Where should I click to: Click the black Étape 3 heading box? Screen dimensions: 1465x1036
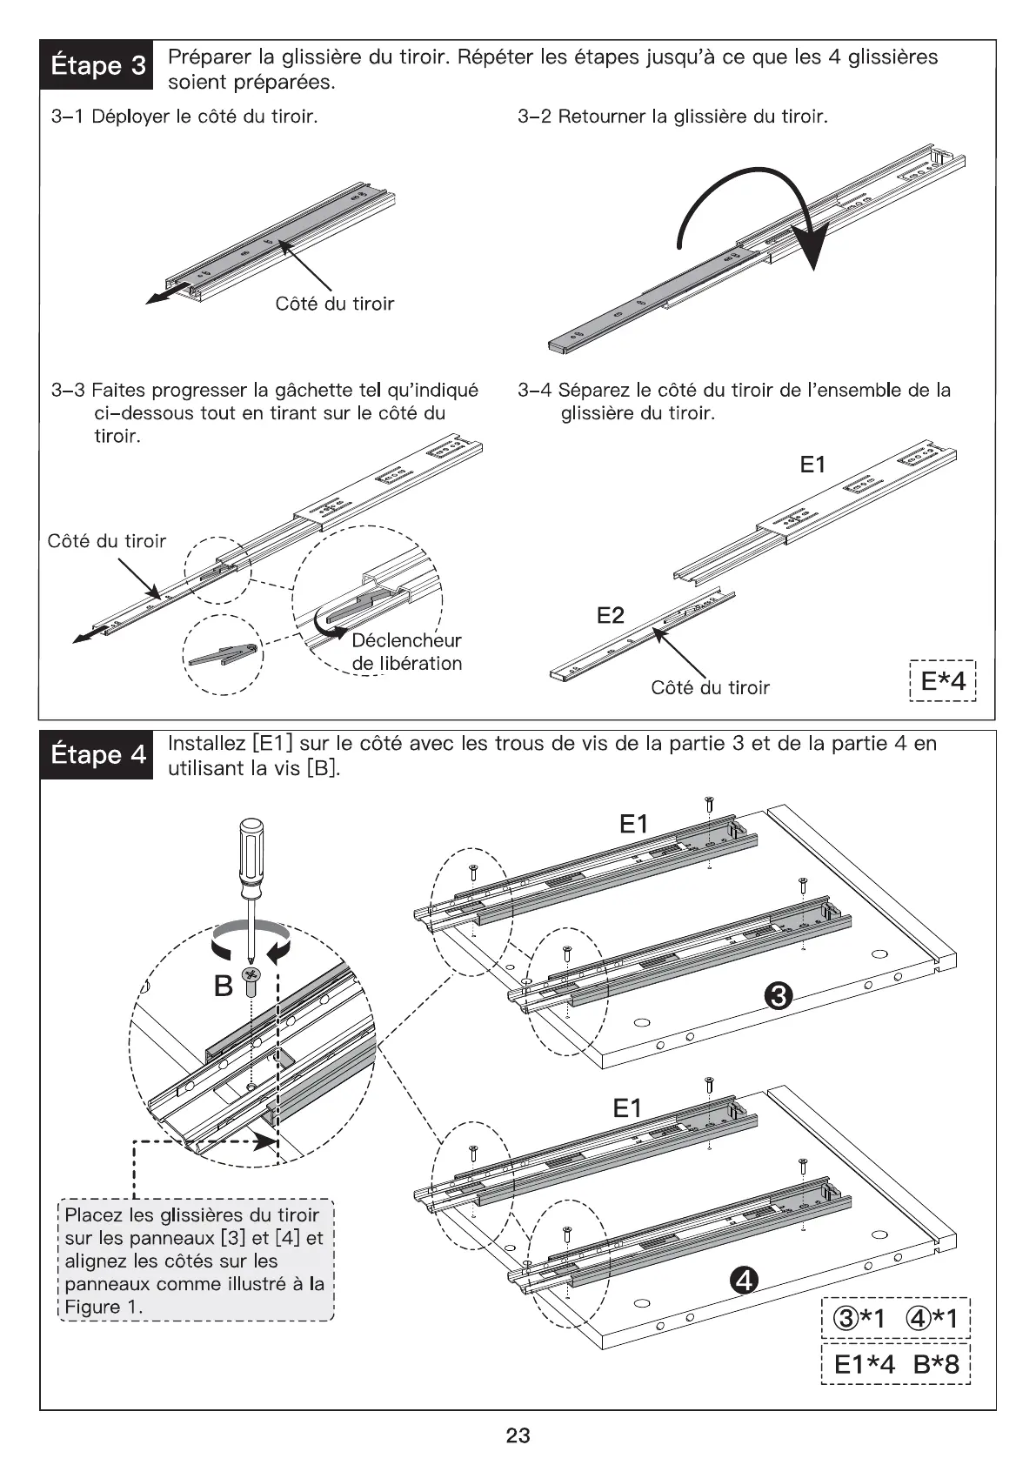coord(97,64)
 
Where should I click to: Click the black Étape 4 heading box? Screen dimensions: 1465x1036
coord(97,754)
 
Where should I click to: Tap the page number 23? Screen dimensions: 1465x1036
coord(518,1435)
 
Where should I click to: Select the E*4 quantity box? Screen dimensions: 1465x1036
coord(942,680)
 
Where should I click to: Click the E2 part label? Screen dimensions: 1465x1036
coord(610,616)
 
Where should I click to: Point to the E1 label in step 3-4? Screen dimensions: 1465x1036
coord(812,465)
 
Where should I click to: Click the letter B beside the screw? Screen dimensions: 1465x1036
coord(224,986)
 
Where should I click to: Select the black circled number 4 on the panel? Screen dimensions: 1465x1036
coord(745,1280)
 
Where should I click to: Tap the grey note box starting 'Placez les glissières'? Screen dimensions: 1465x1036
coord(196,1261)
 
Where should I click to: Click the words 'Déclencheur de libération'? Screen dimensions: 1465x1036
coord(406,652)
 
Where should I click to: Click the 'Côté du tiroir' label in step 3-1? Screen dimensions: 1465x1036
coord(334,304)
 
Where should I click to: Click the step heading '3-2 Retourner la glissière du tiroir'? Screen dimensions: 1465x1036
coord(672,117)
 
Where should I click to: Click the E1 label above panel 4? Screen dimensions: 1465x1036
coord(627,1107)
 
